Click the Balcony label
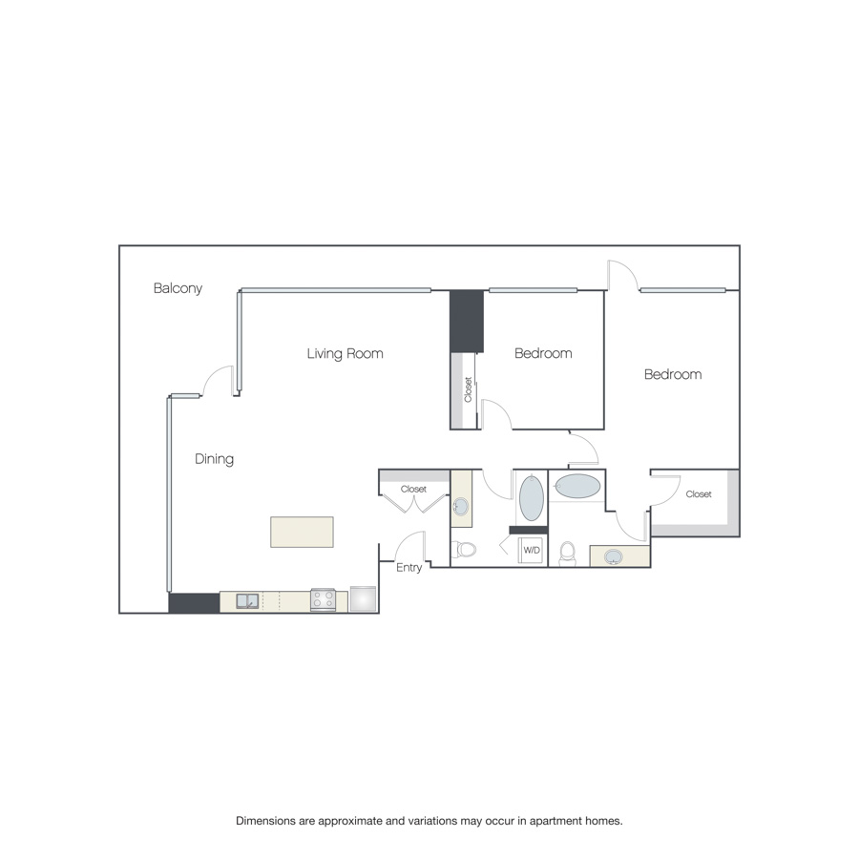(x=178, y=288)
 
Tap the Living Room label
(x=345, y=353)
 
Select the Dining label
(x=214, y=459)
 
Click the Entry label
(x=409, y=568)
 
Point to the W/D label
(x=532, y=550)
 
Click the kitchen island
(x=302, y=532)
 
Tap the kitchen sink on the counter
(x=247, y=601)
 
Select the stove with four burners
(x=323, y=600)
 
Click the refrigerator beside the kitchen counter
(x=364, y=598)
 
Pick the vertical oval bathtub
(x=532, y=498)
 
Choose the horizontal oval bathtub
(x=577, y=486)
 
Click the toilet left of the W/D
(x=464, y=549)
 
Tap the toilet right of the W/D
(x=568, y=554)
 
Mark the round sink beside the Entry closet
(x=460, y=507)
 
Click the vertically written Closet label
(x=468, y=389)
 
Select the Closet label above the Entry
(x=413, y=489)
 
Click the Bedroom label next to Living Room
(x=543, y=353)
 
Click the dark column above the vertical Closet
(x=467, y=322)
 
